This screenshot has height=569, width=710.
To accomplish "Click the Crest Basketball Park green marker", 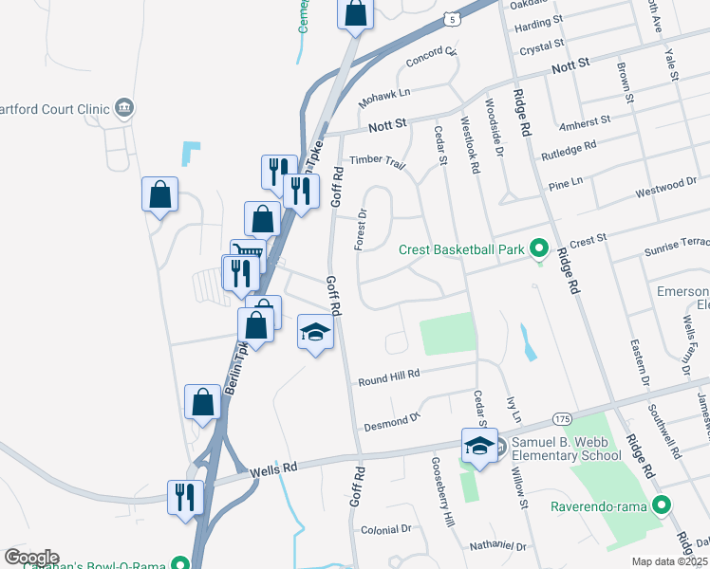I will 539,249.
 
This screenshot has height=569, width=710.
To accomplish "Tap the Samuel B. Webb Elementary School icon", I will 479,445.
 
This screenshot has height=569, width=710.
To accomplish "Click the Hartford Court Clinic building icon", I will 124,108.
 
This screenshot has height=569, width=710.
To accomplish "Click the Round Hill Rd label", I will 388,379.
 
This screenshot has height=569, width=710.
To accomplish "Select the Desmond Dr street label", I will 390,419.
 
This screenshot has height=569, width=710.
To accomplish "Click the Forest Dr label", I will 361,230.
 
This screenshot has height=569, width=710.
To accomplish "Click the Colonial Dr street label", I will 385,529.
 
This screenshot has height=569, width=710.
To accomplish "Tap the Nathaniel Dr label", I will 497,547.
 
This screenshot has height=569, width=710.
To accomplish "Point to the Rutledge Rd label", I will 569,150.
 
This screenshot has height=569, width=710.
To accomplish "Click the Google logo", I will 31,558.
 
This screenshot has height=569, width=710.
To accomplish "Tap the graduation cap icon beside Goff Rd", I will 316,333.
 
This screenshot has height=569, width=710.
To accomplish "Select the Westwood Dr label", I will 665,186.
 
